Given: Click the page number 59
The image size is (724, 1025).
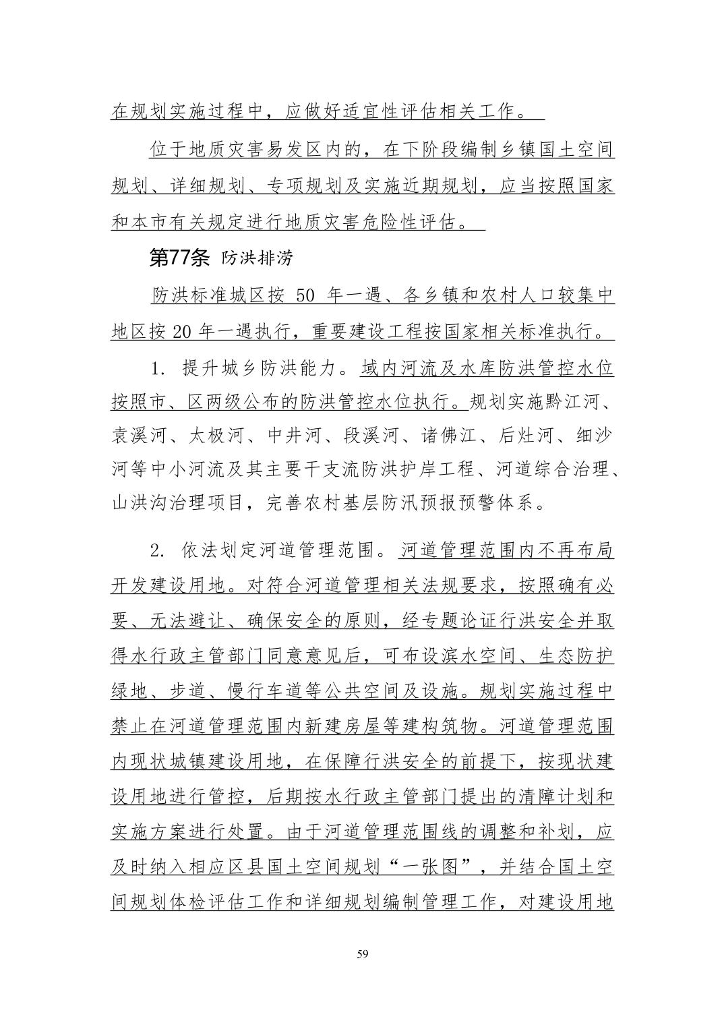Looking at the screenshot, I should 362,954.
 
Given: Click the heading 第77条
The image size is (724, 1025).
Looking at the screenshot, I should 180,258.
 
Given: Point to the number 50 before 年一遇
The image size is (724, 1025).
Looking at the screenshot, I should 305,295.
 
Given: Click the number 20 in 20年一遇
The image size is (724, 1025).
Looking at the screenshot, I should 183,332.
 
